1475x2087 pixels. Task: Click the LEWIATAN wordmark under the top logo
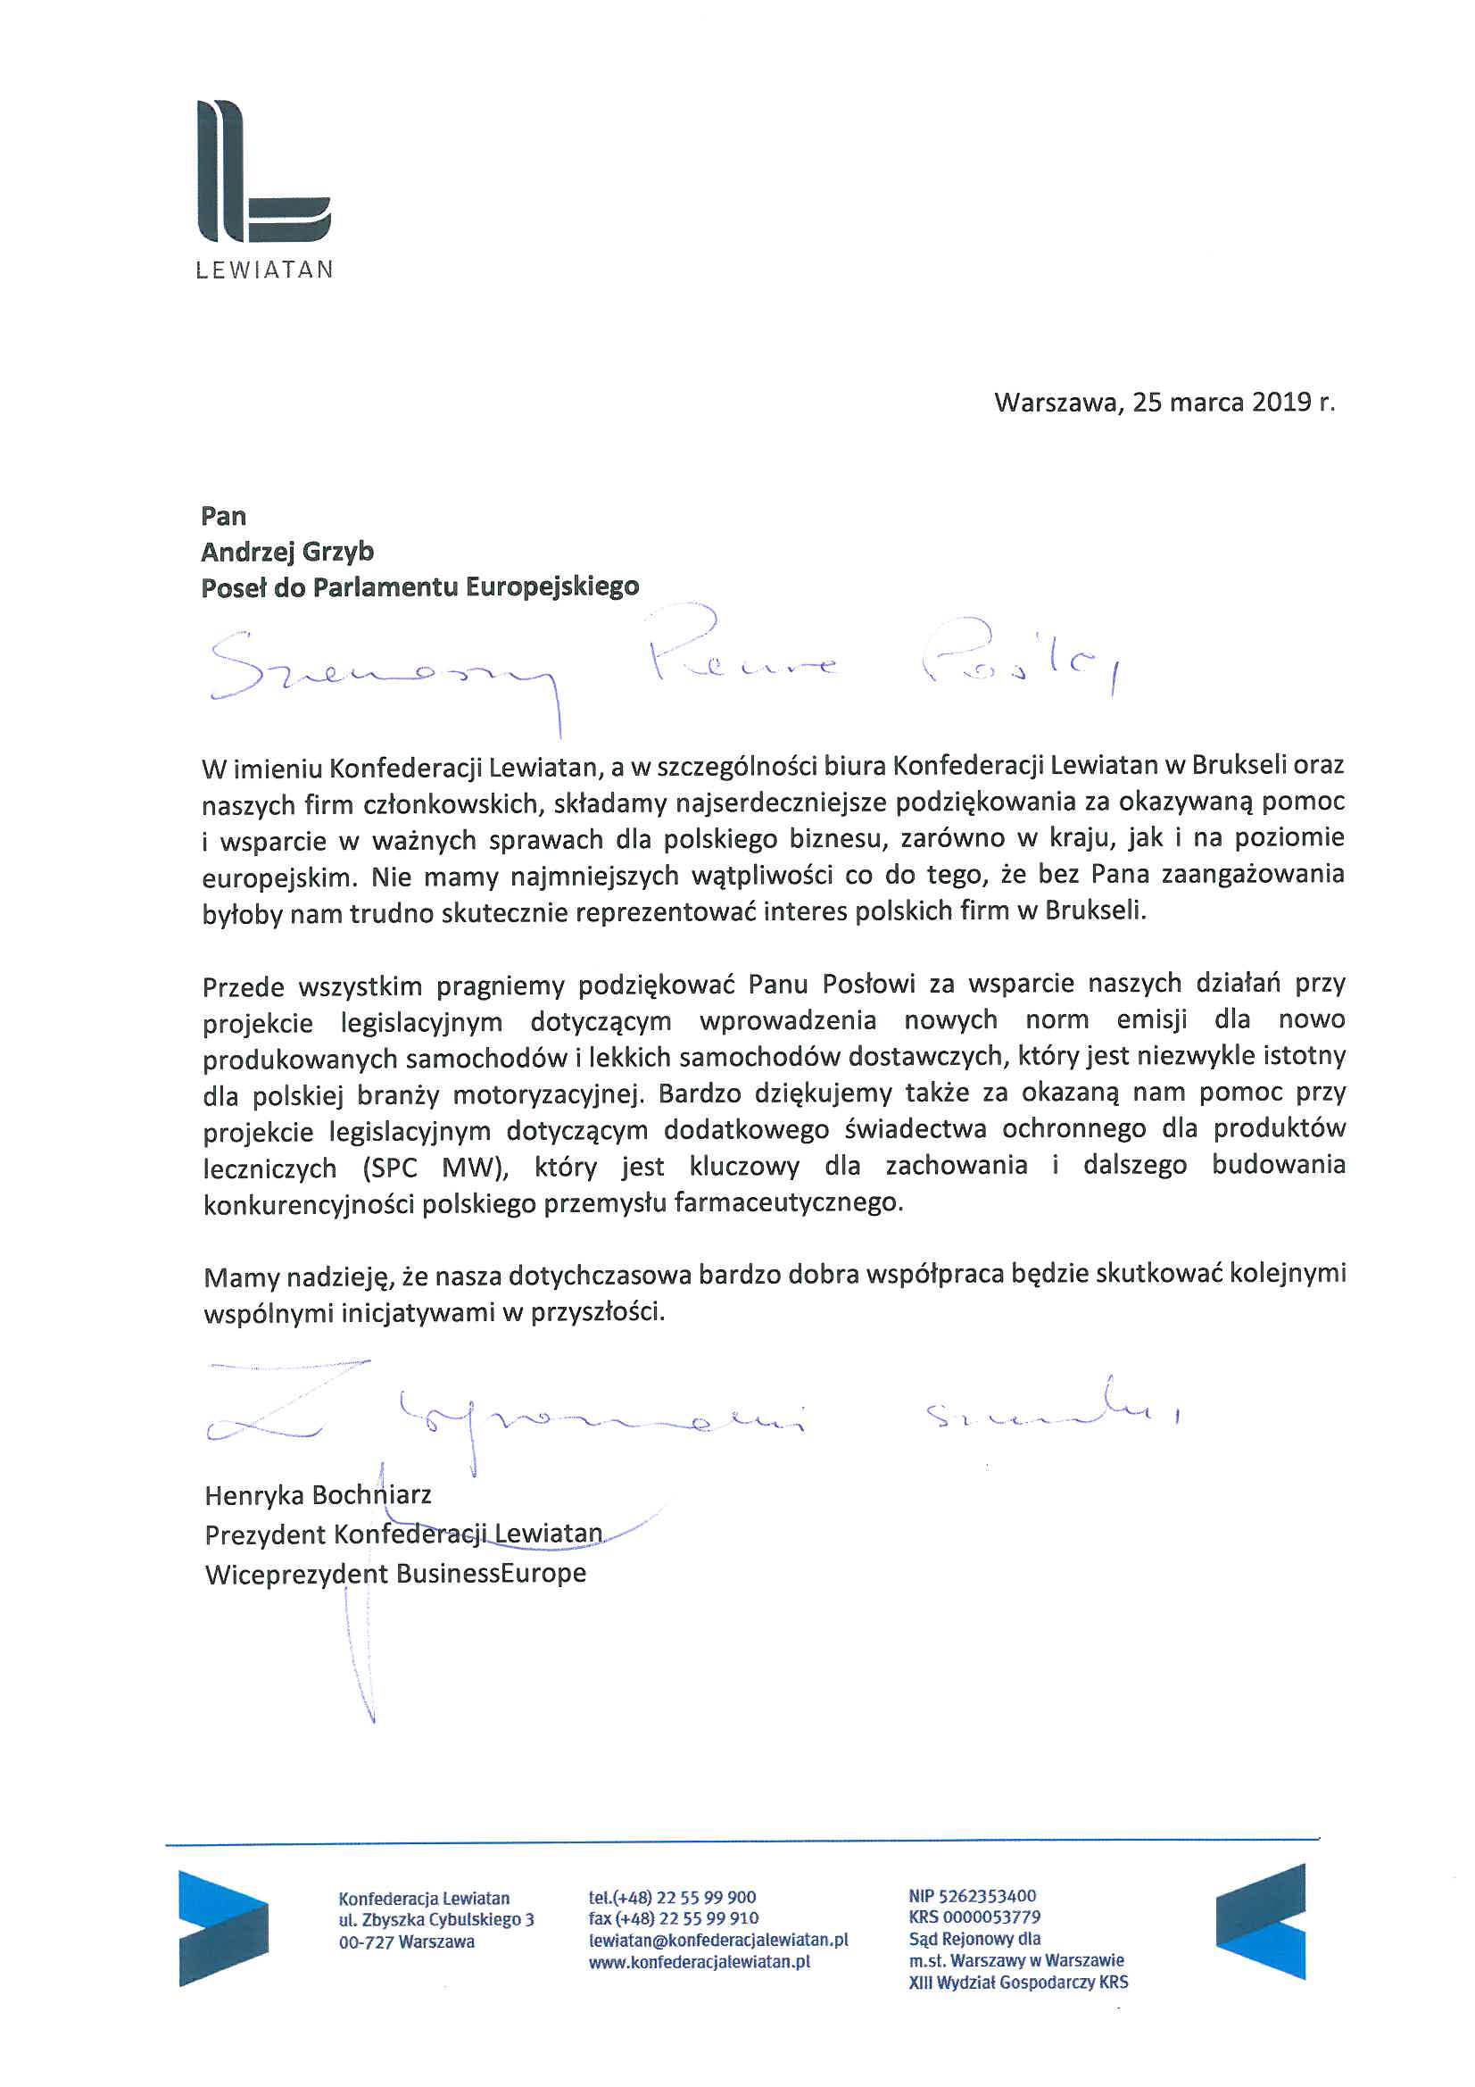pyautogui.click(x=264, y=270)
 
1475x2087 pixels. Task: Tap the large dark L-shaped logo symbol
pyautogui.click(x=262, y=172)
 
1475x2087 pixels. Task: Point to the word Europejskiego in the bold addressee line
pyautogui.click(x=552, y=587)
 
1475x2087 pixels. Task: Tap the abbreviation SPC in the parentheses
pyautogui.click(x=391, y=1167)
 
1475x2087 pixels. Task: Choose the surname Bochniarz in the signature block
pyautogui.click(x=372, y=1495)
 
